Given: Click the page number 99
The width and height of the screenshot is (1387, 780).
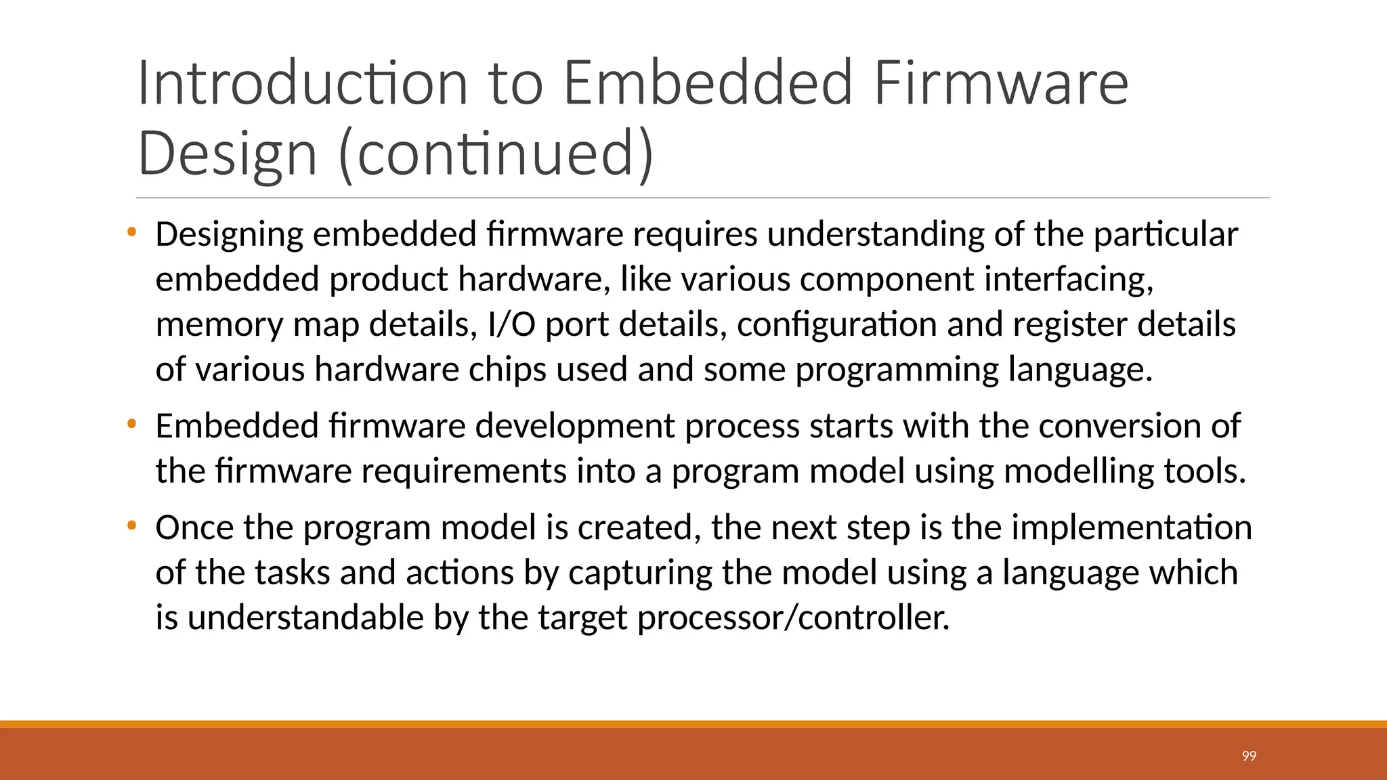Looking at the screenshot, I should pyautogui.click(x=1249, y=756).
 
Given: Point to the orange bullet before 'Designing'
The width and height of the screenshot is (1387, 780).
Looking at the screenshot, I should pyautogui.click(x=131, y=233).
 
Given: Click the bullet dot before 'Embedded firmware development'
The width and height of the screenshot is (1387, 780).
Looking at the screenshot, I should pyautogui.click(x=131, y=425).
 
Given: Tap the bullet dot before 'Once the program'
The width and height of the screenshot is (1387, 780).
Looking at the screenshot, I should pyautogui.click(x=131, y=525).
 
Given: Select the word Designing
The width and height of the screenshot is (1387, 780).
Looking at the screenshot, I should pyautogui.click(x=230, y=235).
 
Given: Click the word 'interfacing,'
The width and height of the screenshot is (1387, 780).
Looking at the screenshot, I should pyautogui.click(x=1069, y=279).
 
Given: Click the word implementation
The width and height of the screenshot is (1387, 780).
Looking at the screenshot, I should pyautogui.click(x=1132, y=527).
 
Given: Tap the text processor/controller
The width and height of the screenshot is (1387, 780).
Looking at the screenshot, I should pyautogui.click(x=793, y=617).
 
